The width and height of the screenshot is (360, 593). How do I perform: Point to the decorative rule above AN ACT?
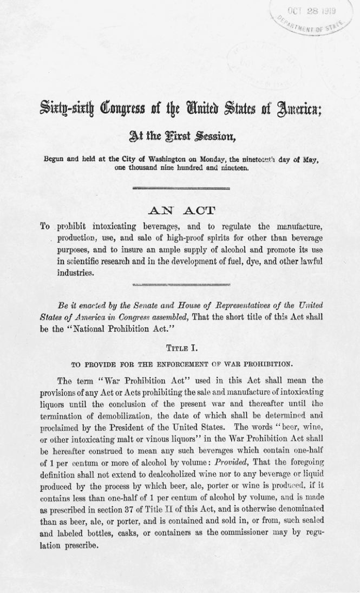(x=180, y=187)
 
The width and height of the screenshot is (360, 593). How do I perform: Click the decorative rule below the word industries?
(x=180, y=283)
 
